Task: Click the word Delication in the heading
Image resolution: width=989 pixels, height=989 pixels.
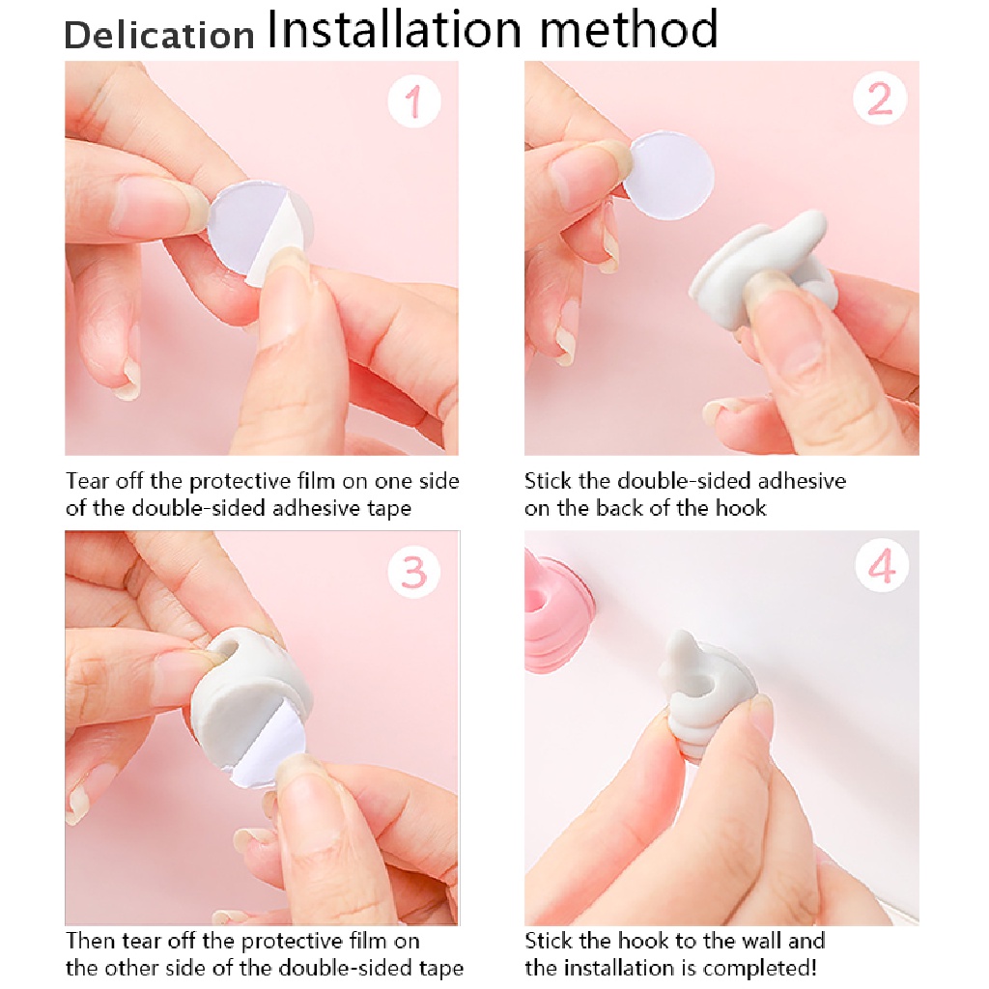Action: coord(159,35)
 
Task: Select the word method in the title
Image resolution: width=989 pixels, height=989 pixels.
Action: coord(629,29)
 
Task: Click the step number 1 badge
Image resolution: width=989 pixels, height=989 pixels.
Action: coord(413,100)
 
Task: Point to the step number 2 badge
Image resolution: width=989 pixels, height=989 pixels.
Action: coord(880,99)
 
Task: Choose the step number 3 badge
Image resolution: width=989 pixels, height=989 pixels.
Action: coord(413,572)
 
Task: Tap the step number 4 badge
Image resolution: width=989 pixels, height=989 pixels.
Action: coord(882,565)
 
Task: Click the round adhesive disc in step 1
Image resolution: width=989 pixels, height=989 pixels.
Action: coord(259,230)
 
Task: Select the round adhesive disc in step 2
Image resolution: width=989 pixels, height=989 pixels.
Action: coord(668,176)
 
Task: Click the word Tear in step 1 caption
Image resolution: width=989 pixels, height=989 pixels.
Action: coord(88,481)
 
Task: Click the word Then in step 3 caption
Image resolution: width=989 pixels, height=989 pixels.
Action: coord(91,941)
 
